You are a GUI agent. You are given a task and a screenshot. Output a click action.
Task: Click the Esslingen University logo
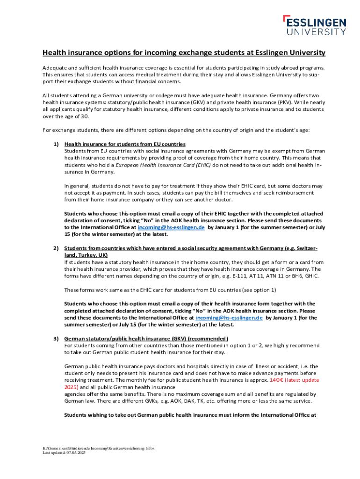315,25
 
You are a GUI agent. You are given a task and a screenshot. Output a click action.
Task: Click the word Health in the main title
55,52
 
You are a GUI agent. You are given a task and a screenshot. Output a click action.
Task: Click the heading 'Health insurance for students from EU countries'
125,144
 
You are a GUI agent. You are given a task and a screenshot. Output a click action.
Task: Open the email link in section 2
229,318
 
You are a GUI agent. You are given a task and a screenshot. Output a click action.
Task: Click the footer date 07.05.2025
76,453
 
